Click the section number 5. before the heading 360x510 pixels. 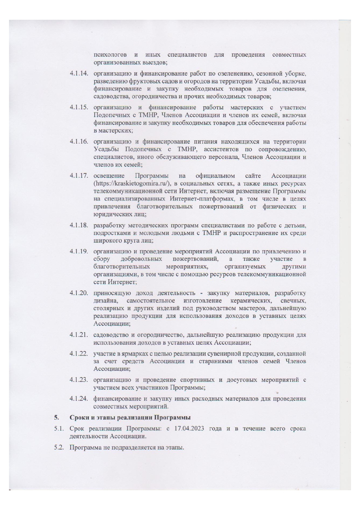click(56, 418)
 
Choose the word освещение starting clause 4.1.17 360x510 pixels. click(109, 176)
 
